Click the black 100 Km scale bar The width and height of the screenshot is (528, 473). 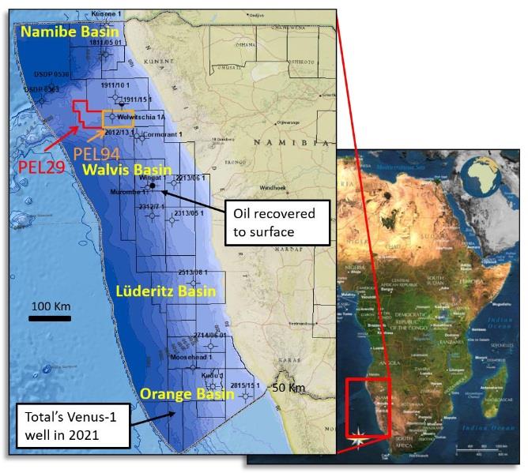tap(51, 319)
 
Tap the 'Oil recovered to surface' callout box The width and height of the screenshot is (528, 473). tap(270, 221)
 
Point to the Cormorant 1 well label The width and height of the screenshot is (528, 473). tap(161, 134)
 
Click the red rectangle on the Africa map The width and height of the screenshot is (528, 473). tap(369, 407)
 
